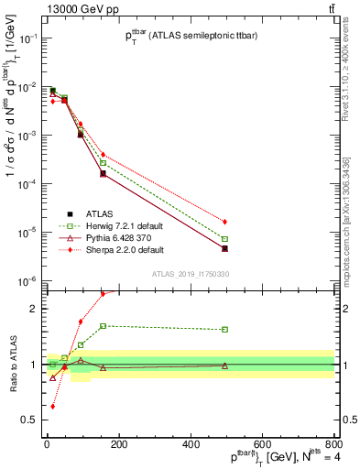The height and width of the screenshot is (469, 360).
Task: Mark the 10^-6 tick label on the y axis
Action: [27, 281]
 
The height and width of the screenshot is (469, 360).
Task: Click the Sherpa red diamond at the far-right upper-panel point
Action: [224, 222]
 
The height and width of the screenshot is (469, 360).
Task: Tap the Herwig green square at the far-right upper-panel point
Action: [224, 239]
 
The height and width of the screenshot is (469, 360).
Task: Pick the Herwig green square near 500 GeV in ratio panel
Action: [224, 330]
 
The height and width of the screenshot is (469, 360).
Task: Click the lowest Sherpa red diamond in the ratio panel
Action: [53, 406]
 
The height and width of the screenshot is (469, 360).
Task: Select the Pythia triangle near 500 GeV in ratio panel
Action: [224, 365]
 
